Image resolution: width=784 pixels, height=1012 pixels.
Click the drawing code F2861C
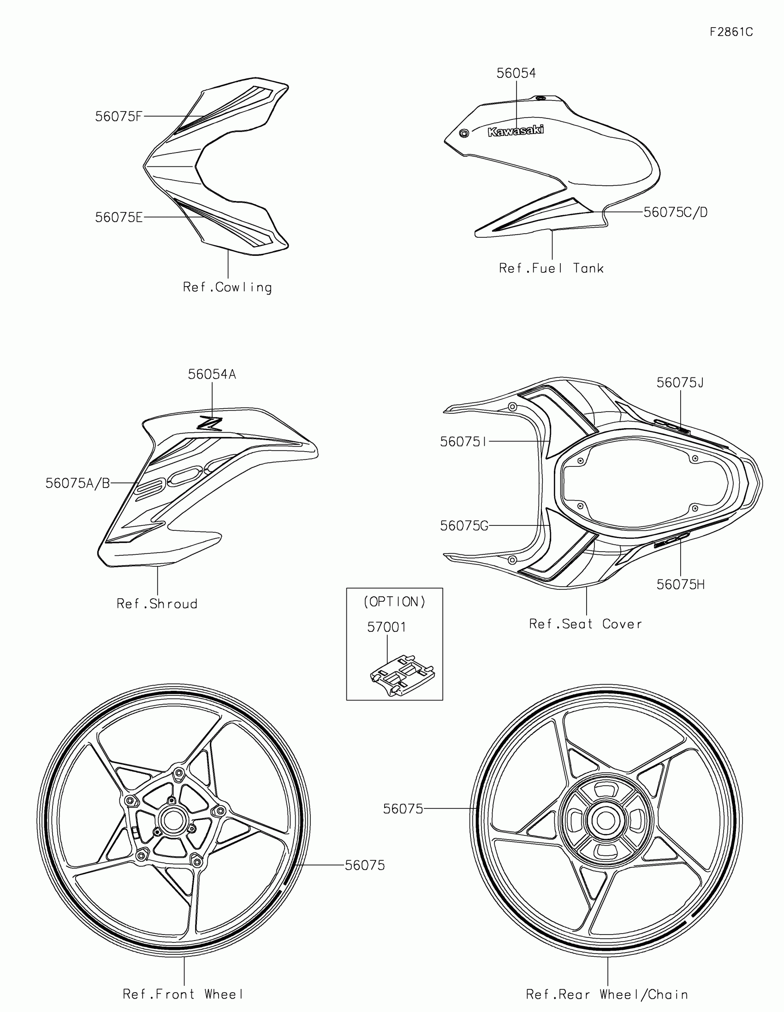pyautogui.click(x=731, y=32)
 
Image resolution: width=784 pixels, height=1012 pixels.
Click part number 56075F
pyautogui.click(x=118, y=117)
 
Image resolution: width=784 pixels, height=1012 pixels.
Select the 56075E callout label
pyautogui.click(x=119, y=218)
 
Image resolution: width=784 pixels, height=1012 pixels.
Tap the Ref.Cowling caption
pyautogui.click(x=227, y=287)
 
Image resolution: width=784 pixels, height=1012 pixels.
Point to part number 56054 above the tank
pyautogui.click(x=516, y=73)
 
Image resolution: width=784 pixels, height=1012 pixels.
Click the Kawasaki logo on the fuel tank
pyautogui.click(x=516, y=131)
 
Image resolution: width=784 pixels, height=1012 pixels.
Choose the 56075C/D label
pyautogui.click(x=676, y=212)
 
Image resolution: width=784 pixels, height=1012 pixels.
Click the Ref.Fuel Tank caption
pyautogui.click(x=551, y=268)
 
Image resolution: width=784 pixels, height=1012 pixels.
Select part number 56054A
pyautogui.click(x=212, y=374)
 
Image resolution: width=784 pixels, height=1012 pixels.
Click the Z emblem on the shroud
pyautogui.click(x=210, y=423)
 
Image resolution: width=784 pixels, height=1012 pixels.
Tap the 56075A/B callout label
pyautogui.click(x=77, y=483)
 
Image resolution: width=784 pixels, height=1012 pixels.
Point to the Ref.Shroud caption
pyautogui.click(x=157, y=604)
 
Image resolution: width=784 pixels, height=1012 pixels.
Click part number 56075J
pyautogui.click(x=680, y=383)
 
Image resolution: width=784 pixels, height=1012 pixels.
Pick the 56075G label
pyautogui.click(x=464, y=525)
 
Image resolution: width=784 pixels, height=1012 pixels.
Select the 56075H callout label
pyautogui.click(x=680, y=585)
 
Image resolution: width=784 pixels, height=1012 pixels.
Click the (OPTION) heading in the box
pyautogui.click(x=395, y=601)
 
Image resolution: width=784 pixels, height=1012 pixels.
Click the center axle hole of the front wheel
pyautogui.click(x=173, y=821)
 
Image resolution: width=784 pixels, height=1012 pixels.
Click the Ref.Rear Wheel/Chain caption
pyautogui.click(x=607, y=994)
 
